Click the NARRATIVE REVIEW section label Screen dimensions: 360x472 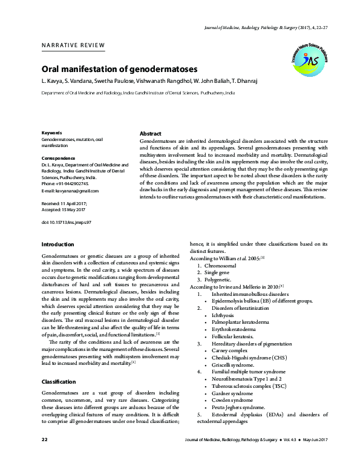pos(73,46)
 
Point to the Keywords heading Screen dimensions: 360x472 pos(52,133)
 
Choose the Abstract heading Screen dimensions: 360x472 pos(151,133)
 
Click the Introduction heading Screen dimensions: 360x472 pos(57,244)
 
